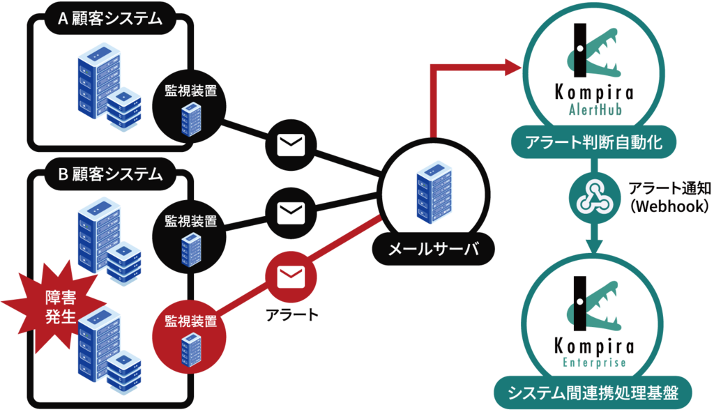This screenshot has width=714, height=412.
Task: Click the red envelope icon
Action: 291,278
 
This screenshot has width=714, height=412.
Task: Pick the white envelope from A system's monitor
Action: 291,145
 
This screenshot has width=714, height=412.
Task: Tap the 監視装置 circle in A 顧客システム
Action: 190,105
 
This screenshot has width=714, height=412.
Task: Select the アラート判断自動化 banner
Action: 592,144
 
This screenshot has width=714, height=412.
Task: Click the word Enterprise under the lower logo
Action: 594,363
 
